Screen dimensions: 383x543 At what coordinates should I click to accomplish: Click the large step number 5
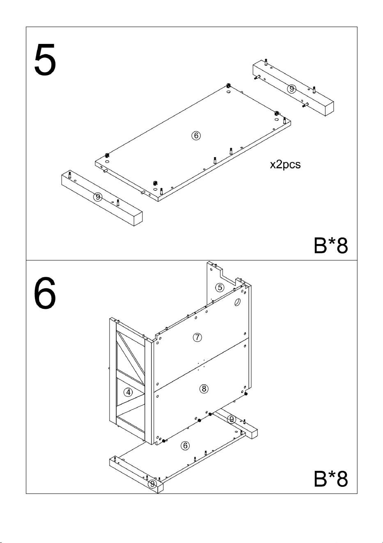click(45, 59)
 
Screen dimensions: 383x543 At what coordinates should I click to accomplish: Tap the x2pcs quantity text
click(285, 164)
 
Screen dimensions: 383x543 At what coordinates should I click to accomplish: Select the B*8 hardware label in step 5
click(331, 246)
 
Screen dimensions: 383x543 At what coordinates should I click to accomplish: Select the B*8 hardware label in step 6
click(331, 479)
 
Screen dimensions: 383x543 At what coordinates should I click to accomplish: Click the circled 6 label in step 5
click(196, 135)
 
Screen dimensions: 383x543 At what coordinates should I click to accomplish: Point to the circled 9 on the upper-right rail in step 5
click(291, 89)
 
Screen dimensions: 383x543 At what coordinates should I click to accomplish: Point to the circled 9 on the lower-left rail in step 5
click(98, 196)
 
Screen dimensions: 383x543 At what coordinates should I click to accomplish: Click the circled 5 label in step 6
click(220, 287)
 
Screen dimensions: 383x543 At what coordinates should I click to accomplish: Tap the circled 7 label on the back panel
click(197, 337)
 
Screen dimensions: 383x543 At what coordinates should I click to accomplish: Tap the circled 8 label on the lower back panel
click(204, 389)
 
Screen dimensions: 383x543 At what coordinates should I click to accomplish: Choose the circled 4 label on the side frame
click(128, 392)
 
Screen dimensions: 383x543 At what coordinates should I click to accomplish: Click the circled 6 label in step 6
click(185, 445)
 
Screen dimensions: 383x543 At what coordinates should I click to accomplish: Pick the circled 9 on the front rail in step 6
click(152, 484)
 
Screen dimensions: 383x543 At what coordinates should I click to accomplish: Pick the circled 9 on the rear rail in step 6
click(231, 419)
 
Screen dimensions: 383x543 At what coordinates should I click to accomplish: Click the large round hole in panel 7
click(237, 302)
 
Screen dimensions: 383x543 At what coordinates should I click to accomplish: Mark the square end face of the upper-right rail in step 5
click(330, 109)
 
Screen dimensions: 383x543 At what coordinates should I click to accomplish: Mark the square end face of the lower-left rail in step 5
click(138, 219)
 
